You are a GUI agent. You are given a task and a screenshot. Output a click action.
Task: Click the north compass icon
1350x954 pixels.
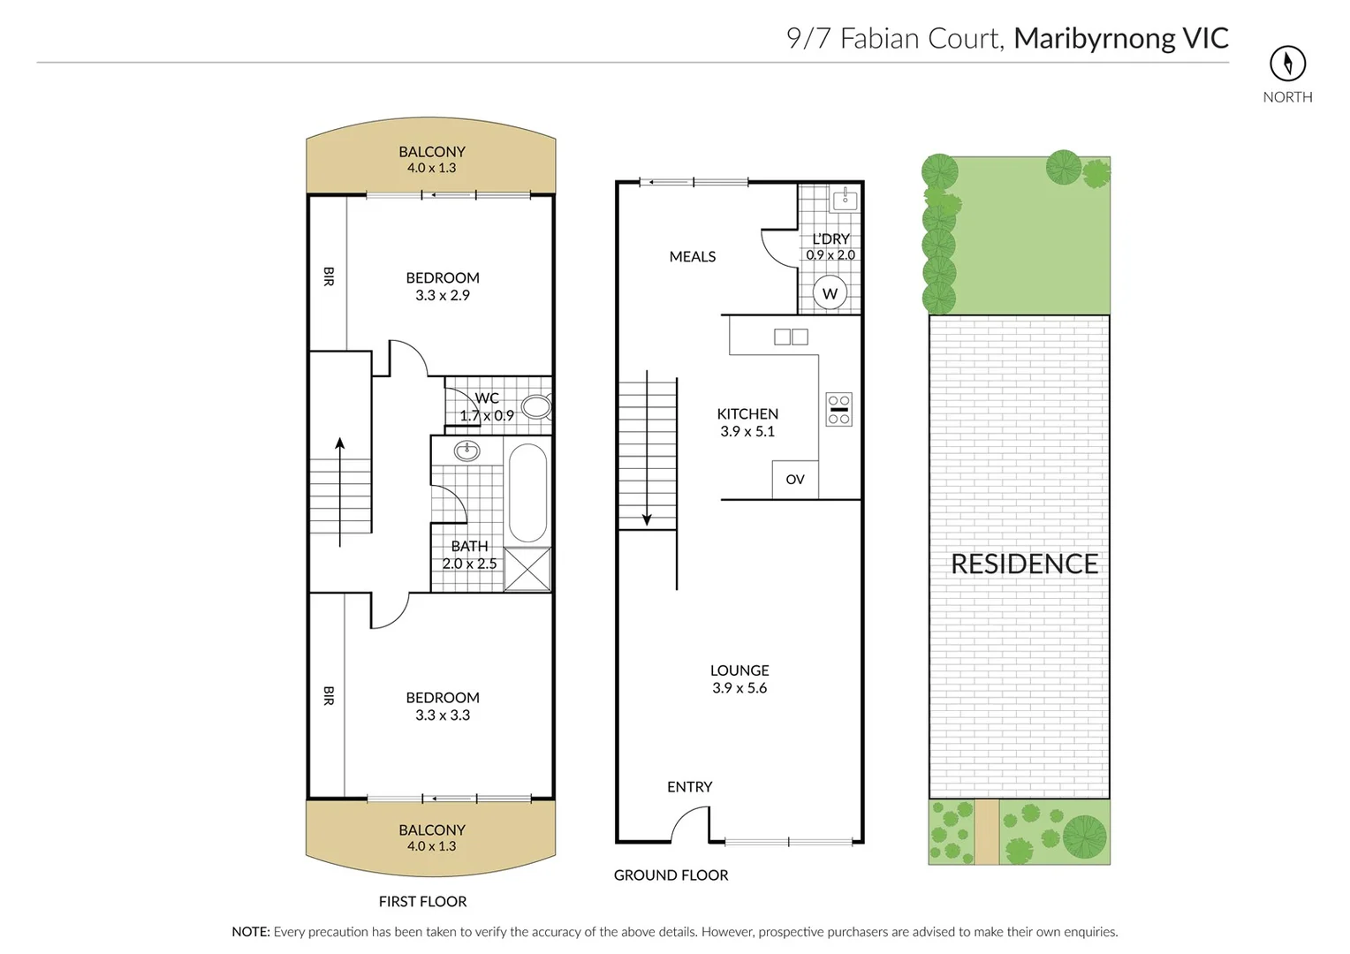tap(1287, 64)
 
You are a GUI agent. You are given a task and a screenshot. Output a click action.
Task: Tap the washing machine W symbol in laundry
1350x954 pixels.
tap(830, 293)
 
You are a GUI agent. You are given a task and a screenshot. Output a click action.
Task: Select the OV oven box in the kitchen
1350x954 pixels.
tap(794, 480)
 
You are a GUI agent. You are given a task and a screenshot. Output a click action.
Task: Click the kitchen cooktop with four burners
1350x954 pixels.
tap(838, 409)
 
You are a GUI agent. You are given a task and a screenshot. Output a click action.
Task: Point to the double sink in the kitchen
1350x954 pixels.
tap(791, 337)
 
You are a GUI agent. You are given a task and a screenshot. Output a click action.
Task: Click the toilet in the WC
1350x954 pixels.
tap(536, 407)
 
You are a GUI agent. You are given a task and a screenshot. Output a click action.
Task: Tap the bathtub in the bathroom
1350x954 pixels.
tap(527, 491)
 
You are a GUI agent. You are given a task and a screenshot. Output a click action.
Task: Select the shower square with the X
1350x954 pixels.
tap(527, 569)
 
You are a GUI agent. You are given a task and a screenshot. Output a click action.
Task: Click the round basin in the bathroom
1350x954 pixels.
tap(466, 451)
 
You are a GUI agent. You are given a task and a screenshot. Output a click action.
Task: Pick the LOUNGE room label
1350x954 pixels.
tap(739, 670)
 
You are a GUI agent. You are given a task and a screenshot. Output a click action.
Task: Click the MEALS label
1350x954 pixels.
tap(693, 257)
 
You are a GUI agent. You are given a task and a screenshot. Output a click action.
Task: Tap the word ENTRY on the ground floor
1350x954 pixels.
tap(689, 787)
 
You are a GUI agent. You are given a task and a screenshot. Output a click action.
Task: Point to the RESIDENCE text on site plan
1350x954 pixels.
tap(1024, 564)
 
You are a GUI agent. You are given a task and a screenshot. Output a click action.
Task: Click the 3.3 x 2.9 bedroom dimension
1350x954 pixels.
tap(443, 296)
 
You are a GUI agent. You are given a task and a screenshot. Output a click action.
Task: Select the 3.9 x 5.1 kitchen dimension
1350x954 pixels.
tap(747, 432)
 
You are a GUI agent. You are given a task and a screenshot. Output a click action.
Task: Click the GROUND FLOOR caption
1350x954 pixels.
tap(671, 875)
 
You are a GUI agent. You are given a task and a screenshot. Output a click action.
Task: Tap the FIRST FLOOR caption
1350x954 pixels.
tap(422, 902)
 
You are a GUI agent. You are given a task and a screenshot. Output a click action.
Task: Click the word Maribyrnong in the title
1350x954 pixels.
tap(1094, 38)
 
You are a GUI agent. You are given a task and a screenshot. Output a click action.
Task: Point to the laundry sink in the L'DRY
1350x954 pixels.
tap(845, 200)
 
